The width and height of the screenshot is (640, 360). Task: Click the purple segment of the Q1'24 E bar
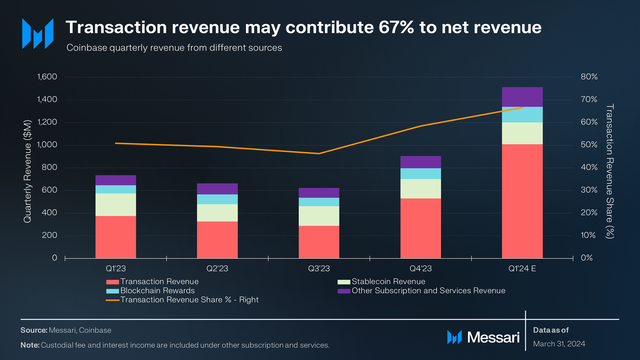point(522,97)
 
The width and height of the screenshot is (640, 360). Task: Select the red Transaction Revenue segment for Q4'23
point(420,228)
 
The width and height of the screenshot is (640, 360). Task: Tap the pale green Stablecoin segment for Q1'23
point(116,205)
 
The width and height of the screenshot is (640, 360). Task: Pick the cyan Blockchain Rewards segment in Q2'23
point(217,199)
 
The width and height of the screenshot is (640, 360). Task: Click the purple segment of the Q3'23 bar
point(319,193)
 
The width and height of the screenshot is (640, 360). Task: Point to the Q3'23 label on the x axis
point(319,268)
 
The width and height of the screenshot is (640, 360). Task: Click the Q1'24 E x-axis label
point(522,268)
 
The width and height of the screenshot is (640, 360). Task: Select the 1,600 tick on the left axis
point(47,77)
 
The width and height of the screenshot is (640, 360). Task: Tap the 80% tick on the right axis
point(589,77)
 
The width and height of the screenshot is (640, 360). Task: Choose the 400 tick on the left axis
point(49,212)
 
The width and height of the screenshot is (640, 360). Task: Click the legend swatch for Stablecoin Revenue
point(344,282)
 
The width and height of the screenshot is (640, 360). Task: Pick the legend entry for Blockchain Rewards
point(157,291)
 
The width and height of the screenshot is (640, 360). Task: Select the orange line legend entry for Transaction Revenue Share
point(113,300)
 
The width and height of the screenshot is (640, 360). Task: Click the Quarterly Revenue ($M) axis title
point(27,171)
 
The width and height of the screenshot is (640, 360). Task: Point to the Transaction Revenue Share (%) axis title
point(610,171)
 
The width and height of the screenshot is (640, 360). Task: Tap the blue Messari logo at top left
point(38,34)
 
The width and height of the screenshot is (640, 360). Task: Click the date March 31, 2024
point(559,344)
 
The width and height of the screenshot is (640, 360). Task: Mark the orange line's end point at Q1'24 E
point(522,108)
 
